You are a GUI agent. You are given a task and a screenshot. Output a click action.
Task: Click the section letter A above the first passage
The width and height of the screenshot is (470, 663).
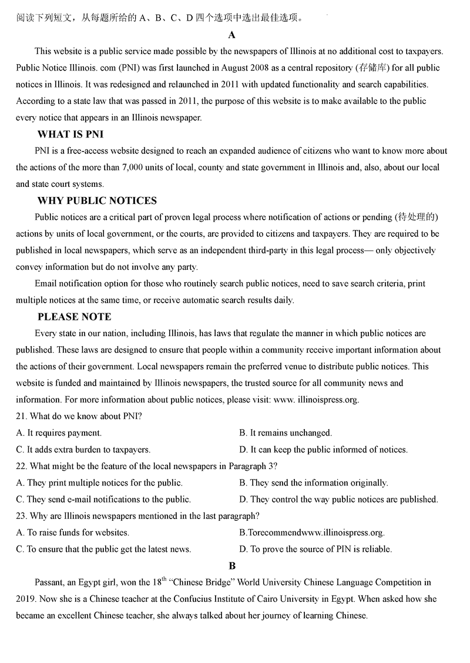point(232,35)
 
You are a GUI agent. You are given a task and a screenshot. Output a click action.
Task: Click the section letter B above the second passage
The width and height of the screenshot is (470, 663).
point(232,566)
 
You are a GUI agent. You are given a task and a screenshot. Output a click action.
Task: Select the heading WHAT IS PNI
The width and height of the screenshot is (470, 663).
point(70,135)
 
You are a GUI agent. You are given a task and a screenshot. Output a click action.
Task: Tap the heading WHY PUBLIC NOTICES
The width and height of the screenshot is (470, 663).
point(97,201)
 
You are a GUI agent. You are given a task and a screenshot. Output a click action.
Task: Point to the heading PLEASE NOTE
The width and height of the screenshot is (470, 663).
point(74,317)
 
